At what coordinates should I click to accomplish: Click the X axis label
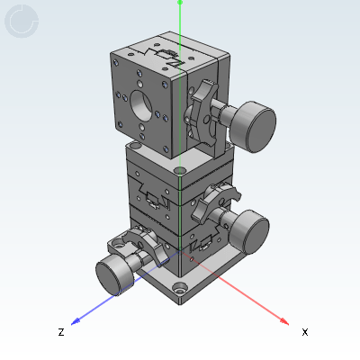point(305,332)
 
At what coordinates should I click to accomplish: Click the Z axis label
point(61,332)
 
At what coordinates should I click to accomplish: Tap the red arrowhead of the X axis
point(284,321)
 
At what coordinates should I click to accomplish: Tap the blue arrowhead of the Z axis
point(76,321)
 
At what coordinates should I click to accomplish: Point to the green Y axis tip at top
point(180,3)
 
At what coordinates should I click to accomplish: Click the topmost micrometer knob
point(253,127)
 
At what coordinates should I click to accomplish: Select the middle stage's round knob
point(249,231)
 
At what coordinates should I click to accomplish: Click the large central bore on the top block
point(141,105)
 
